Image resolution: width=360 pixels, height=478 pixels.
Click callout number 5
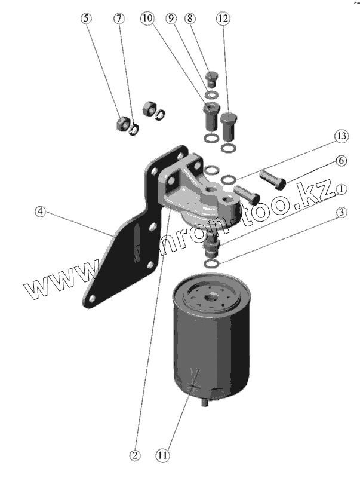[x=87, y=18]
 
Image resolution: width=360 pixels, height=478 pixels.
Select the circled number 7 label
[x=119, y=18]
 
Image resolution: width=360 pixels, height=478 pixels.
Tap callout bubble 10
[x=147, y=18]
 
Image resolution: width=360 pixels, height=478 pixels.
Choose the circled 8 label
[x=190, y=18]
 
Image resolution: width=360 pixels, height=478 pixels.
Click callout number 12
[x=222, y=18]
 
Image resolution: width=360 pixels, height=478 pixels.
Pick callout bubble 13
[x=340, y=137]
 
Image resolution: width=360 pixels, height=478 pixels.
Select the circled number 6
[x=340, y=160]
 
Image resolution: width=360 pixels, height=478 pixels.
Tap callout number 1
[x=340, y=189]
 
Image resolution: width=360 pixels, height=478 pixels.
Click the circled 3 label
[x=340, y=213]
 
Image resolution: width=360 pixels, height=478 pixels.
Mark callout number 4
[x=40, y=212]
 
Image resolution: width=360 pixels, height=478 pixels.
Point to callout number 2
[x=136, y=455]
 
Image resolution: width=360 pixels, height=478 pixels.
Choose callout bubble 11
[x=163, y=455]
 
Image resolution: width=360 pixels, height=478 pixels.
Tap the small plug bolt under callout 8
[x=210, y=78]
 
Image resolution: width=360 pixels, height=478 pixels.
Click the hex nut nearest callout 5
[x=119, y=124]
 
